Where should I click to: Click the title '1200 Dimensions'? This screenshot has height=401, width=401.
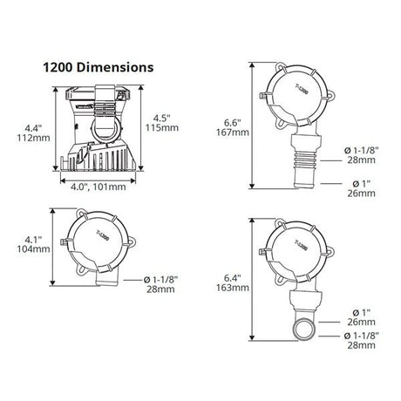click(x=99, y=67)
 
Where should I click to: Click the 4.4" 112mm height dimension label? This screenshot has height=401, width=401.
click(x=33, y=133)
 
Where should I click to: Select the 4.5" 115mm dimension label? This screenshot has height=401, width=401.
click(x=162, y=123)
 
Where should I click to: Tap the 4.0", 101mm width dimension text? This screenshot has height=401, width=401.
click(x=99, y=187)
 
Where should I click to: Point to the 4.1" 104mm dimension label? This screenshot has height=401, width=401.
click(x=33, y=244)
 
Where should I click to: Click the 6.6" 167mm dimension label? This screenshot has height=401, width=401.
click(x=233, y=127)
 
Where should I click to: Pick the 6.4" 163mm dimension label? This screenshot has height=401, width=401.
click(x=233, y=282)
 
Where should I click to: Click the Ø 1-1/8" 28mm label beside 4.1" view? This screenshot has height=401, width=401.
click(x=160, y=284)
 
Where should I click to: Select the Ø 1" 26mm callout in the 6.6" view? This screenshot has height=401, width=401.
click(x=361, y=188)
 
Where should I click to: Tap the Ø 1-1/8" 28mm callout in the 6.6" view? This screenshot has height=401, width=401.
click(x=361, y=155)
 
